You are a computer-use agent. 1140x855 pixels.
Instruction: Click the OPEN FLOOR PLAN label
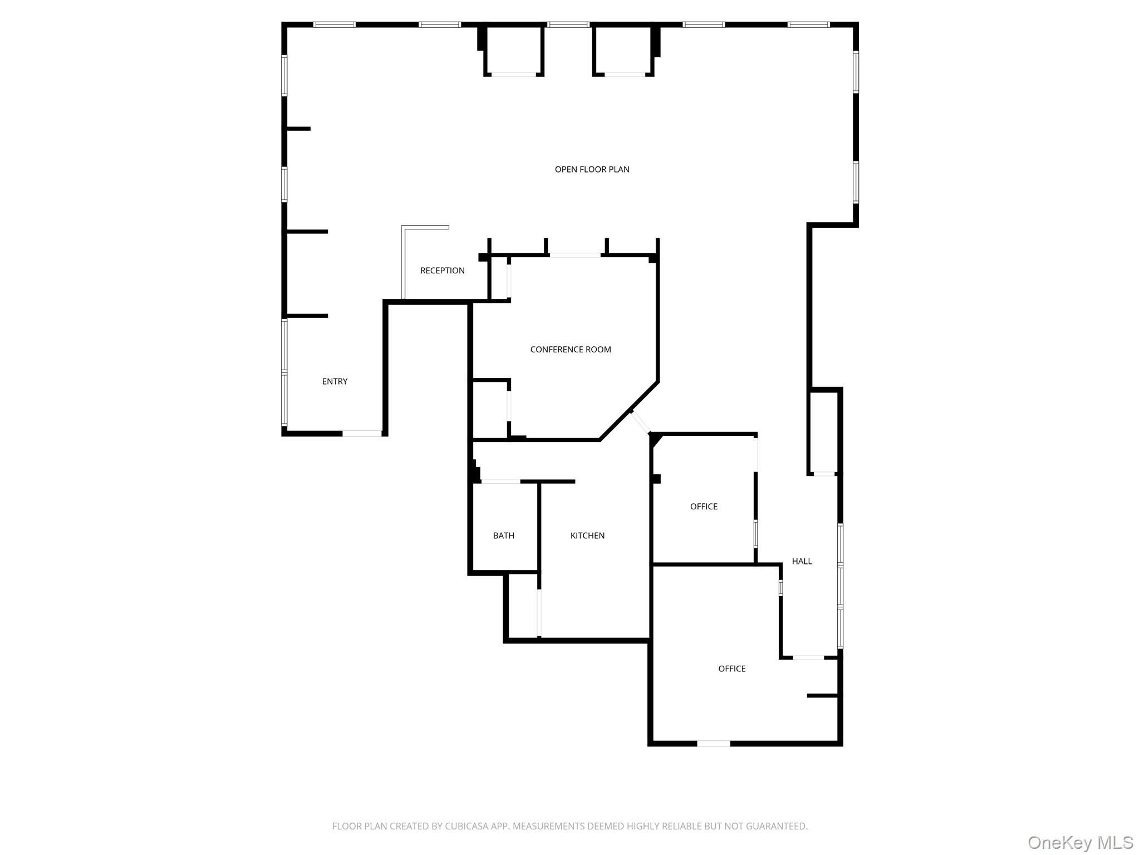tap(592, 169)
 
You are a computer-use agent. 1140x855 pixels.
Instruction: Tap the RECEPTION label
tap(442, 271)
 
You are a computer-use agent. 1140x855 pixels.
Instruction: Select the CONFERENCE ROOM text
tap(570, 350)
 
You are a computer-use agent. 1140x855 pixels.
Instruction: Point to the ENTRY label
tap(335, 381)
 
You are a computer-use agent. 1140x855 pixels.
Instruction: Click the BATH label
tap(503, 535)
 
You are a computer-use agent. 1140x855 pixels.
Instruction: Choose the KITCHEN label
tap(587, 535)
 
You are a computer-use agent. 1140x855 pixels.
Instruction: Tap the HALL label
tap(802, 561)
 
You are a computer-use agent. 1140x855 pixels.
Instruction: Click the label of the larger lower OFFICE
tap(731, 669)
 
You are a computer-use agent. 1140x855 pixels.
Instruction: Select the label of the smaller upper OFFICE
tap(704, 507)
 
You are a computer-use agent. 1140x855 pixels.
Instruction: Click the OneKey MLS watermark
tap(1080, 842)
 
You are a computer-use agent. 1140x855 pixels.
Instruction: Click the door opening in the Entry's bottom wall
tap(362, 433)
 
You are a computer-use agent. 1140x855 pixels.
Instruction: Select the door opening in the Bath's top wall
tap(500, 481)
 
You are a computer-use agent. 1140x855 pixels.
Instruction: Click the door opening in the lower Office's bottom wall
tap(714, 743)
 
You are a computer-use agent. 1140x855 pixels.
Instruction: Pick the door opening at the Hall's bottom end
tap(808, 658)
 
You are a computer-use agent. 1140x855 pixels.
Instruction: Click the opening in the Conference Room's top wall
tap(575, 255)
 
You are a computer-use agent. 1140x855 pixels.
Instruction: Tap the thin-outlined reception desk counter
tap(403, 262)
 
